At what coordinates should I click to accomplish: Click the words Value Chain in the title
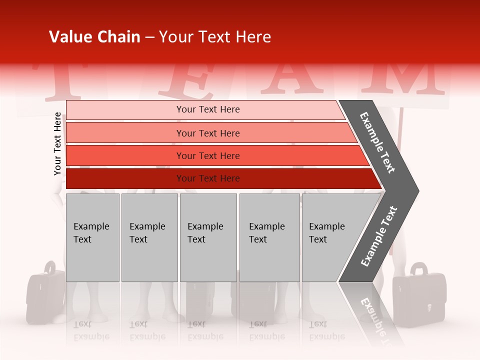pos(94,37)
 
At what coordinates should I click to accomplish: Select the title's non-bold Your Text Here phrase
pos(215,37)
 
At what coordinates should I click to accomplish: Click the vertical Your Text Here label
pos(57,143)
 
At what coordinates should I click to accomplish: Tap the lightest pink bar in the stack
pos(207,109)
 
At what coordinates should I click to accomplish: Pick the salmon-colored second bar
pos(207,133)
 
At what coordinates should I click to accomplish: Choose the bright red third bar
pos(207,155)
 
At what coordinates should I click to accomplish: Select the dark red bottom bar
pos(207,178)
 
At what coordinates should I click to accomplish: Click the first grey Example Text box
pos(92,237)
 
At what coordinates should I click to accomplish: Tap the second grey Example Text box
pos(149,237)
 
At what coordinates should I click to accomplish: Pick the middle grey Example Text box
pos(208,237)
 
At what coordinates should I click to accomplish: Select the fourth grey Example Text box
pos(270,237)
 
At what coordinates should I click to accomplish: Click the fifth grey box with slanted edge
pos(330,237)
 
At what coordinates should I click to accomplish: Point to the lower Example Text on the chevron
pos(379,236)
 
